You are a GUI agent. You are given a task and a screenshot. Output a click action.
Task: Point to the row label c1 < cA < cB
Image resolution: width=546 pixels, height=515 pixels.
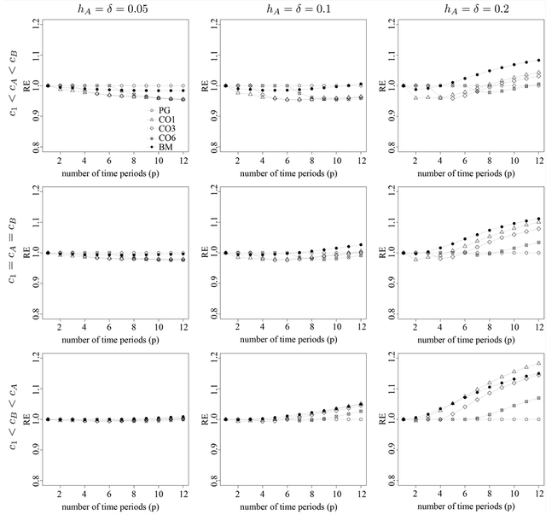[x=12, y=85]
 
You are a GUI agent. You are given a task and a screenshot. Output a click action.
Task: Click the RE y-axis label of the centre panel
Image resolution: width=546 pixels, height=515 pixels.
[x=205, y=253]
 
